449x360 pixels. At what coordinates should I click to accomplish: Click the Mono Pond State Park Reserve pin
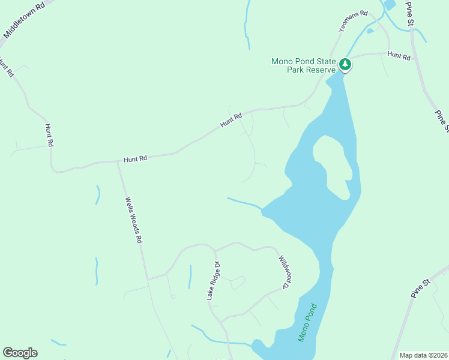coord(345,64)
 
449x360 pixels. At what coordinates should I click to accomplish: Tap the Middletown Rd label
coord(24,23)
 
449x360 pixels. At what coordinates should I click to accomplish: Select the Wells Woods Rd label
coord(133,220)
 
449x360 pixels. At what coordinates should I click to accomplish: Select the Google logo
coord(20,353)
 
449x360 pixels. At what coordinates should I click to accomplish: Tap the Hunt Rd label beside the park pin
coord(399,56)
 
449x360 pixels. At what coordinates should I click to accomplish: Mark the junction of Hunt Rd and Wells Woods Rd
coord(118,161)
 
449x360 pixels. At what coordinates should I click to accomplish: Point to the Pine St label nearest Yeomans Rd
coord(411,13)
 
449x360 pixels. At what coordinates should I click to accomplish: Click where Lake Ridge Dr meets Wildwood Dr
coord(214,249)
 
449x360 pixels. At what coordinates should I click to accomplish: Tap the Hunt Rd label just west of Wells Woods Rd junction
coord(135,159)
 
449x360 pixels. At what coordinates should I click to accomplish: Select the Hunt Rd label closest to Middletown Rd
coord(7,67)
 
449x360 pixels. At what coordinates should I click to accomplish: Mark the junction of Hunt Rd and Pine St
coord(412,53)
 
